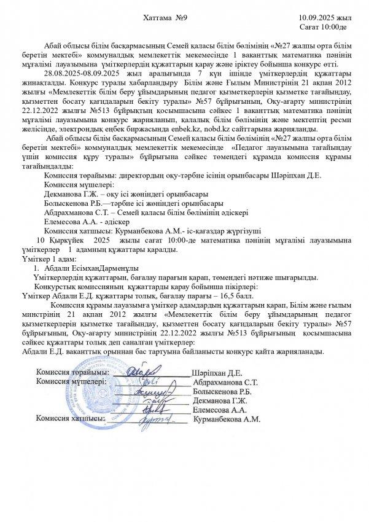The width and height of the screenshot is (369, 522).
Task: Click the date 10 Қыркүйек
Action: click(x=61, y=241)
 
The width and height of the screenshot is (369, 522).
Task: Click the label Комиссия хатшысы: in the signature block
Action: click(x=71, y=419)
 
